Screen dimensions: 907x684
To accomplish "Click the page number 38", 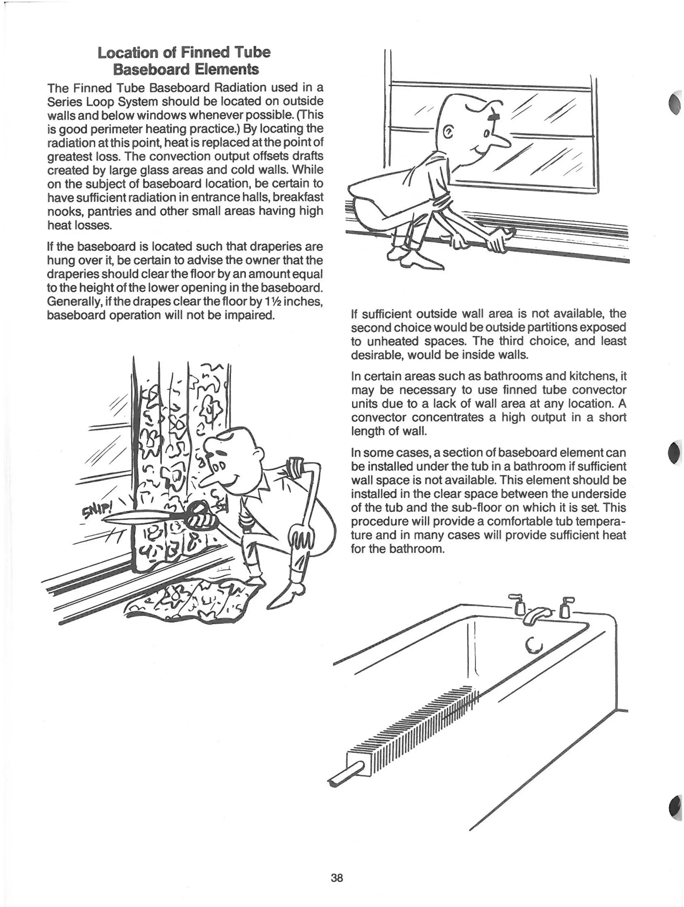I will (x=337, y=878).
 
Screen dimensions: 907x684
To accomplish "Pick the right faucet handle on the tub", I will (x=566, y=607).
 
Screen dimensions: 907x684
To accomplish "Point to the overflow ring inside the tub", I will (x=534, y=646).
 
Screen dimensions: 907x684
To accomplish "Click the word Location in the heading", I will (x=127, y=52).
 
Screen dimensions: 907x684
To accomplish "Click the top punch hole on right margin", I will (x=675, y=104).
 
